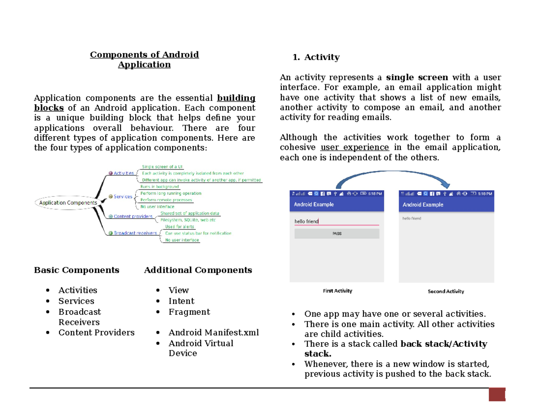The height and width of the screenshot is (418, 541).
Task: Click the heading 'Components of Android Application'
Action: (144, 60)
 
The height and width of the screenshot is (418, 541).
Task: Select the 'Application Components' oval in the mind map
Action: (68, 203)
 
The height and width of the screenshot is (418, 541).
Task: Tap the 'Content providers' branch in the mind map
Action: (133, 216)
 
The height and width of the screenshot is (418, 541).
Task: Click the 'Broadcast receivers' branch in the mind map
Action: (135, 233)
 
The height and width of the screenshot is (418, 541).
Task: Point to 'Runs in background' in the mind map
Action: (160, 186)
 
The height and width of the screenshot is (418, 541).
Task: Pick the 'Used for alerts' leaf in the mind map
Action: (179, 226)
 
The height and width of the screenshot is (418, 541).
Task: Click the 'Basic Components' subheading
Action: (77, 270)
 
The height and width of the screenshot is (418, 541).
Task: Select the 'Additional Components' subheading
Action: (198, 270)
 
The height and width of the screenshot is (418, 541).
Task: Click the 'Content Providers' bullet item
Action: (96, 333)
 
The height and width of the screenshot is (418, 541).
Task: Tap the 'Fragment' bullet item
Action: (189, 312)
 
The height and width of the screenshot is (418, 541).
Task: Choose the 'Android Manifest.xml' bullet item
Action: (214, 333)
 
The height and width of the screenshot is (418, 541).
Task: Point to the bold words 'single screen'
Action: (417, 77)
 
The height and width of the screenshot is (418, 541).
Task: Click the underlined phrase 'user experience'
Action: (354, 147)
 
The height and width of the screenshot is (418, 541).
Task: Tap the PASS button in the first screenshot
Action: (337, 234)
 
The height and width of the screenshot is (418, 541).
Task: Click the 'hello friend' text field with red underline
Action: (336, 221)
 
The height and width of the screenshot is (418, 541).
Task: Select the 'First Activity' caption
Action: (337, 291)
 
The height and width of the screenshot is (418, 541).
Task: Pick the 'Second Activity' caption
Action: (445, 291)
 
